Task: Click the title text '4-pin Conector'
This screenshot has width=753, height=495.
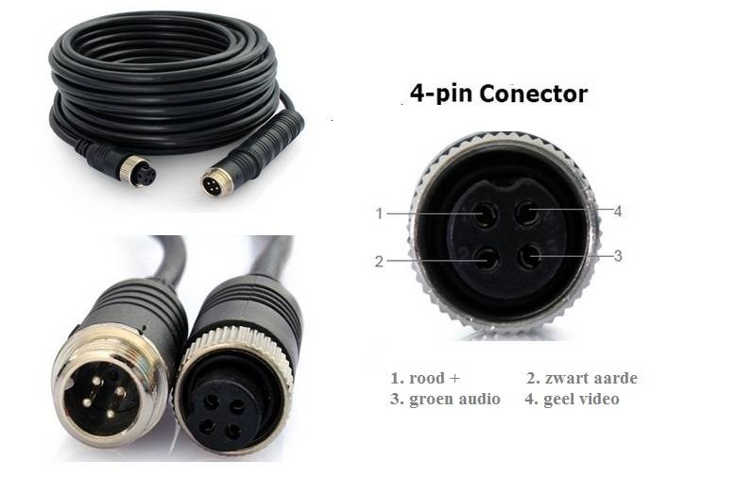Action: tap(498, 94)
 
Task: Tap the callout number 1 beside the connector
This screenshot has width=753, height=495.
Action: tap(379, 213)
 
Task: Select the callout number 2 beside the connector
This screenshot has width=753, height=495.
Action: tap(379, 261)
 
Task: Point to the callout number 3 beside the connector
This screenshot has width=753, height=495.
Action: tap(618, 255)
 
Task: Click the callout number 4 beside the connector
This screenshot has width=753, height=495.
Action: tap(618, 212)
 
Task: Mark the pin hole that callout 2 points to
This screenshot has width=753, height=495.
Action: tap(486, 258)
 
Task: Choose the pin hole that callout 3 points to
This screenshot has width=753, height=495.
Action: tap(531, 255)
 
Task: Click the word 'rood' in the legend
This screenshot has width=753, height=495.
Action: tap(428, 379)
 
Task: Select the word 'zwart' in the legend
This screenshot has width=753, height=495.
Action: tap(565, 379)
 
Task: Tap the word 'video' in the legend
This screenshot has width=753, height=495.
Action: tap(600, 400)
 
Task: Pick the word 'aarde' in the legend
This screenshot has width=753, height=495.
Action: tap(615, 379)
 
